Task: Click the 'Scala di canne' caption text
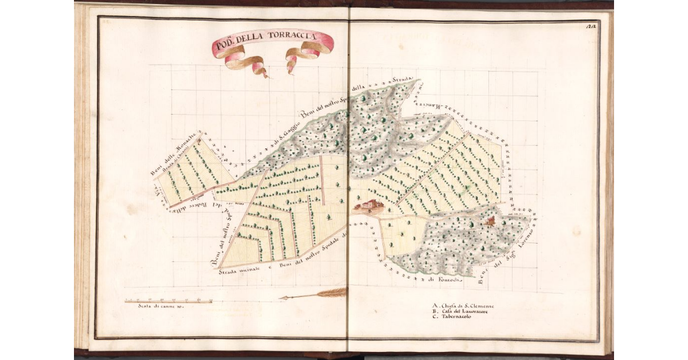tap(160, 306)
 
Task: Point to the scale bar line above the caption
tap(169, 300)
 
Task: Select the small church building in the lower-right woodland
tap(491, 221)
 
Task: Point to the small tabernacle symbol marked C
tap(198, 147)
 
